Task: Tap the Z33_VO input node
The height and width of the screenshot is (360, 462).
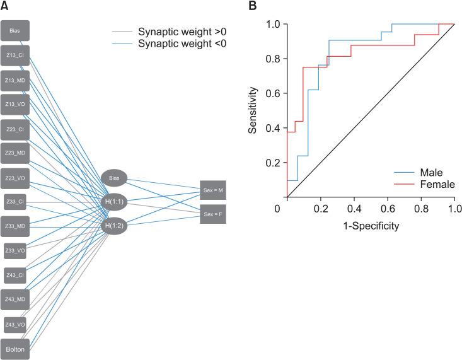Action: click(14, 250)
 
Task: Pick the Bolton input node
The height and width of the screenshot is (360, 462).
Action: click(14, 349)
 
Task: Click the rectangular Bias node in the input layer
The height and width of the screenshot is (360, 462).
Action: click(14, 30)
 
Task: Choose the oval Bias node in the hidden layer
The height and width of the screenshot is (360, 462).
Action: click(114, 178)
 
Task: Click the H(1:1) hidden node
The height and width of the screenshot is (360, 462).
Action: click(114, 202)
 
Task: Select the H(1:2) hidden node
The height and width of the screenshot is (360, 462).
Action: click(114, 225)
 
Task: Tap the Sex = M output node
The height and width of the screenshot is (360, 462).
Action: click(212, 189)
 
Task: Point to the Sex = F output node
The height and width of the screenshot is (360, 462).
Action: click(212, 213)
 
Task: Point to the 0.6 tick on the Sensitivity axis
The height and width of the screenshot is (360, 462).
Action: click(274, 93)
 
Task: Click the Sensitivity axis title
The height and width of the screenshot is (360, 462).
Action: click(253, 111)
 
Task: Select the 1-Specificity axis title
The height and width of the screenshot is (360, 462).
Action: click(370, 224)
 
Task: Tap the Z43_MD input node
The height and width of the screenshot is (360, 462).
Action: click(14, 299)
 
